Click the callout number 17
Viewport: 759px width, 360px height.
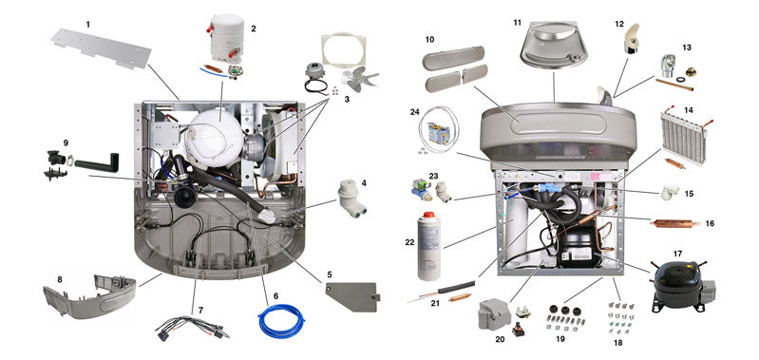pos(677,254)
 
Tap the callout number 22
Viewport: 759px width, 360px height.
pos(410,242)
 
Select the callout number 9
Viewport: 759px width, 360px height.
pos(66,142)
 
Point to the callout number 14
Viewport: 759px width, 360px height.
pos(689,110)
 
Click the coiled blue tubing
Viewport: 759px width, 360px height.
pos(281,320)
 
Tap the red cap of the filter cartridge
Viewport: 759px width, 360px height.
pos(427,215)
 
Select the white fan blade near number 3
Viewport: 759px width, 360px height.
pos(358,79)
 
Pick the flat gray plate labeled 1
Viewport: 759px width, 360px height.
pos(102,47)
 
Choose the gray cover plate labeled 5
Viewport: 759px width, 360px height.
pos(351,296)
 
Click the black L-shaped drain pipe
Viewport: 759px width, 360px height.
pos(98,163)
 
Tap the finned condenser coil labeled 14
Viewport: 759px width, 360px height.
pos(684,138)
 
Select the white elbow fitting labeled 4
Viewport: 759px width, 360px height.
pos(350,199)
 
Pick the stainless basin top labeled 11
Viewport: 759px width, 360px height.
pos(554,44)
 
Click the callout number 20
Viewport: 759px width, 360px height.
pos(500,339)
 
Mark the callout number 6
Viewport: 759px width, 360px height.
pos(275,295)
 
